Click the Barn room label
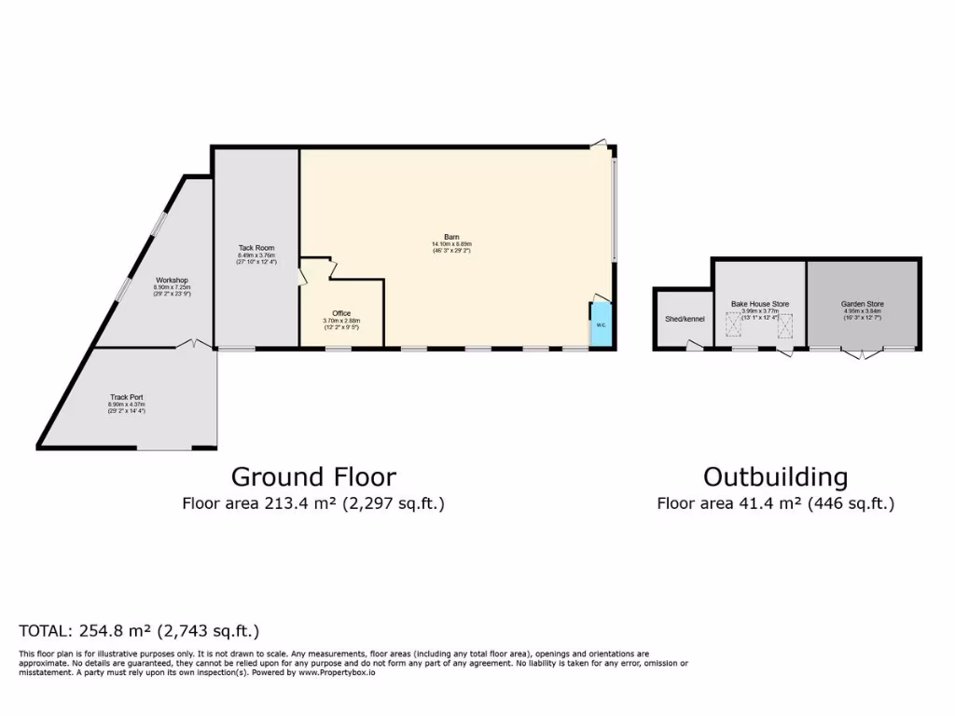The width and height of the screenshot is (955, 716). pos(451,237)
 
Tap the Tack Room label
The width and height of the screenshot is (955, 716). pos(256,248)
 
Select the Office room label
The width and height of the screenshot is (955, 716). pos(342,313)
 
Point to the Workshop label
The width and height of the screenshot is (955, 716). pos(172,280)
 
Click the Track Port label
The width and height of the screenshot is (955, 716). pos(126,397)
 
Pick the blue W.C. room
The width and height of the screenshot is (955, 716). pos(601,325)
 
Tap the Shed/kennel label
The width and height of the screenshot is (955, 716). pos(685,319)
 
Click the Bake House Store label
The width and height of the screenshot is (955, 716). pos(759,304)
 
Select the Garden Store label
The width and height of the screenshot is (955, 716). pos(862,304)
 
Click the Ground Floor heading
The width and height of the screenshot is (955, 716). pos(313,477)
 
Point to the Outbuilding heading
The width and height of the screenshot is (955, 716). pos(775,477)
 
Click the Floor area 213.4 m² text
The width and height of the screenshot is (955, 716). pos(313,504)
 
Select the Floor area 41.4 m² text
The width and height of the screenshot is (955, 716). pos(775,504)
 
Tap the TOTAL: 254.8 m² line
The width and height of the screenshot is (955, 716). pos(139,631)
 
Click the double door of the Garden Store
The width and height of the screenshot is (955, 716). pos(863,353)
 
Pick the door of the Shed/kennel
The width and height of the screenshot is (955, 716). pos(693,347)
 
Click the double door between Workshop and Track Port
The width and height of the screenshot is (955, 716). pos(194,345)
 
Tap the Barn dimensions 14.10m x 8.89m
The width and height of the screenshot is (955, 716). pos(451,244)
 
